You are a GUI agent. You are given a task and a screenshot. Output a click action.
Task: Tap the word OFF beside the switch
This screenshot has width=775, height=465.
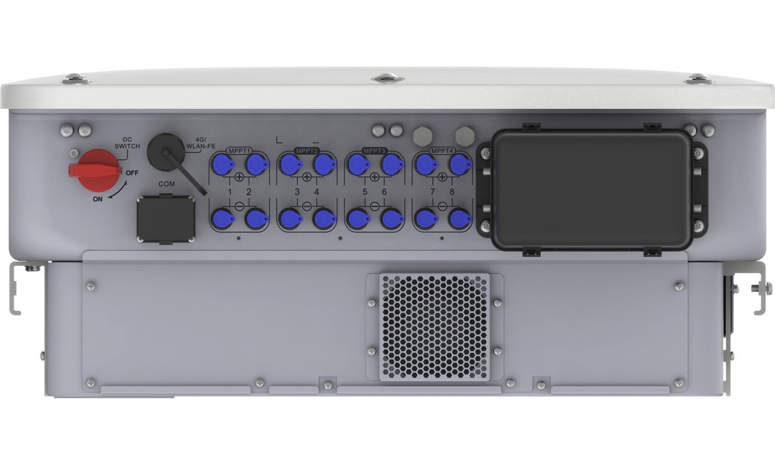pos(132,173)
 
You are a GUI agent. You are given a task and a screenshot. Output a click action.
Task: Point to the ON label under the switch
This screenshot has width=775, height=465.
pos(98,199)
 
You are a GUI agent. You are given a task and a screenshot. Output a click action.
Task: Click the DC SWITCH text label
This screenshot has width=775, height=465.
pos(127,143)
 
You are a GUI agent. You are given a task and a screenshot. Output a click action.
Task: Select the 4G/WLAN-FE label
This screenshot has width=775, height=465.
pos(200,143)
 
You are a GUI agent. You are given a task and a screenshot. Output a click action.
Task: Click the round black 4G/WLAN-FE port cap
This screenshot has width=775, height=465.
pos(166,150)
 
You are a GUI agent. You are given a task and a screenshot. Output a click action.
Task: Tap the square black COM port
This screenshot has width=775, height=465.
pos(166,219)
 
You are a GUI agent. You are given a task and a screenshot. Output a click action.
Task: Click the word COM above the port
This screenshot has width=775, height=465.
pos(166,184)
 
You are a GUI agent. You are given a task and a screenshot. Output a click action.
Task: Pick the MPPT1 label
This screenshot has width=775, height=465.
pos(239,150)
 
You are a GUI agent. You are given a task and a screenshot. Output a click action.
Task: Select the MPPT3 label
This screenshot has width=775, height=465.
pos(375,150)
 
